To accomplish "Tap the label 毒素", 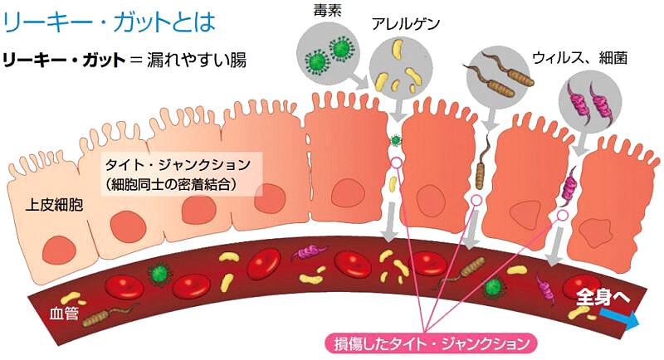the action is click(322, 9).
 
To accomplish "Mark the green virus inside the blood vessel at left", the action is click(159, 271).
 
